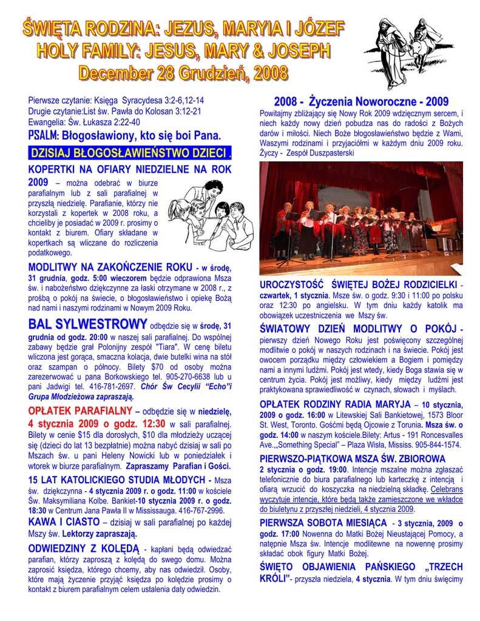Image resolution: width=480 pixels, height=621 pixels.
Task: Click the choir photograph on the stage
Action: tap(361, 218)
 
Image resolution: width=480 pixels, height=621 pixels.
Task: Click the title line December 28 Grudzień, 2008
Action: tap(183, 74)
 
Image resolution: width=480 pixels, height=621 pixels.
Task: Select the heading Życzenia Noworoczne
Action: tap(361, 101)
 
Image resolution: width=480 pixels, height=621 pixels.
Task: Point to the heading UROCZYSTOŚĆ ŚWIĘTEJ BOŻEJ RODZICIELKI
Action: tap(359, 285)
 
